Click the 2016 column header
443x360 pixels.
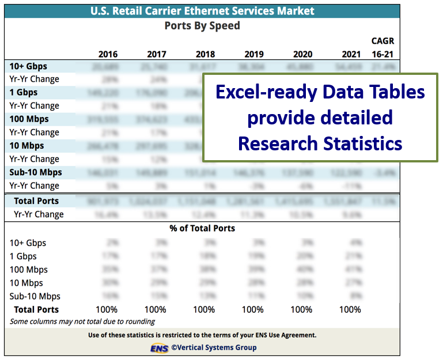click(108, 54)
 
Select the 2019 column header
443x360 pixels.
click(254, 54)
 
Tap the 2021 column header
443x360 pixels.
click(351, 54)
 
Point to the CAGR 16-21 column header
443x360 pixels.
click(383, 48)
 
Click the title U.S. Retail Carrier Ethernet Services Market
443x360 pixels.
click(202, 11)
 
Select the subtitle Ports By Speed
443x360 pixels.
click(202, 26)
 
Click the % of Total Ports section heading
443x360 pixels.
click(202, 228)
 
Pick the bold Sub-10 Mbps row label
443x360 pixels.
click(36, 172)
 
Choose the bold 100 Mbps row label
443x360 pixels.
click(29, 119)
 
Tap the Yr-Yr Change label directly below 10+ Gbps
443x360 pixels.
click(34, 79)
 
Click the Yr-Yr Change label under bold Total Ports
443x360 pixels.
click(39, 214)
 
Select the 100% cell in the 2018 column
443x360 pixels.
click(204, 309)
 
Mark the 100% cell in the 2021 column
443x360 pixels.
click(350, 309)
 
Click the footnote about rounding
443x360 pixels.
click(82, 321)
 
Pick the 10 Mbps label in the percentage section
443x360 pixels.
click(26, 283)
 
